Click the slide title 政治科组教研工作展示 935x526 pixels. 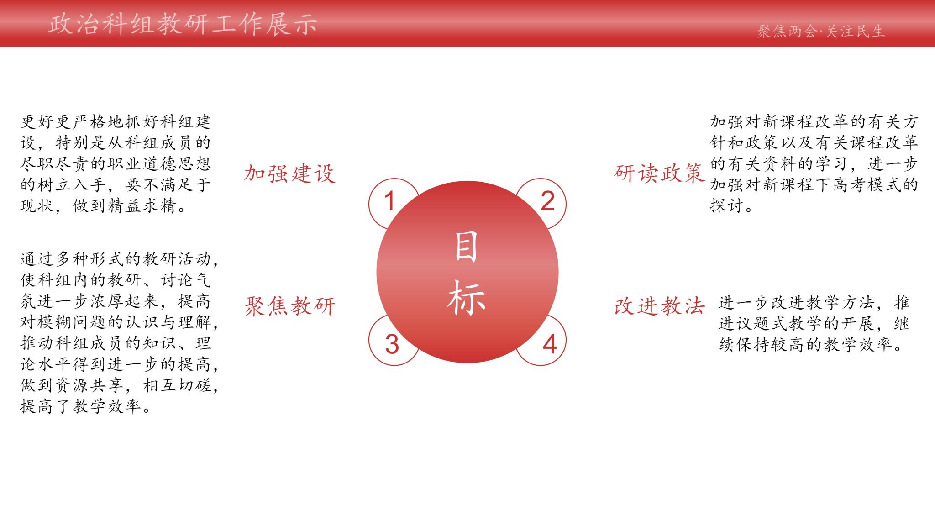pos(183,24)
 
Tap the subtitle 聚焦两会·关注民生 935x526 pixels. pos(821,32)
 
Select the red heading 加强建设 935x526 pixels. pos(290,174)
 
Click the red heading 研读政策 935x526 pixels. pos(659,174)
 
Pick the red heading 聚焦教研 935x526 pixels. pos(290,306)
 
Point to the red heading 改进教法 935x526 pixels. pos(659,306)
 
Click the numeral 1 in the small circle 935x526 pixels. pos(389,201)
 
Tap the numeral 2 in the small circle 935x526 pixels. pos(547,201)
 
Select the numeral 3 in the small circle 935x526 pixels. pos(392,344)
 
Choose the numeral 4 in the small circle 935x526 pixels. pos(550,344)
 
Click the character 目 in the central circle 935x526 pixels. pos(466,246)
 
